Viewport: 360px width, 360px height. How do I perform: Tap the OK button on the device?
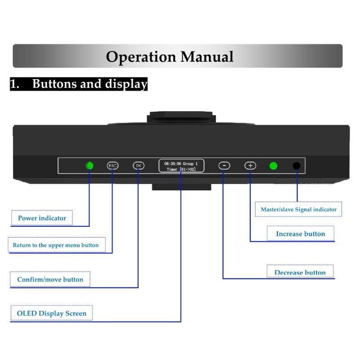coord(139,166)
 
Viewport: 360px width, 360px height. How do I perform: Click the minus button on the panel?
coord(224,166)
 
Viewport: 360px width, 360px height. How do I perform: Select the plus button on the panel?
coord(250,166)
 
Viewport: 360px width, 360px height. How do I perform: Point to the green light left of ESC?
coord(90,166)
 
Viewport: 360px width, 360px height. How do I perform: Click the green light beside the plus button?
coord(273,166)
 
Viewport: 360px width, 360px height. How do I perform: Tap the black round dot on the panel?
coord(297,166)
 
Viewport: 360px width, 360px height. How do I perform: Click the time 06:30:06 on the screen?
coord(173,164)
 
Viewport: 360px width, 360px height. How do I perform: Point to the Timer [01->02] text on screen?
coord(181,170)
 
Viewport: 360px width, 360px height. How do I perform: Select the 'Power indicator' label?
coord(42,218)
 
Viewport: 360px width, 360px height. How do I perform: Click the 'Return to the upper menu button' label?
coord(56,245)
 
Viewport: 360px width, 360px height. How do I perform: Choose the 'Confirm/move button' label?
coord(50,279)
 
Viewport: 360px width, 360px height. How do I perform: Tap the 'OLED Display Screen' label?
coord(52,313)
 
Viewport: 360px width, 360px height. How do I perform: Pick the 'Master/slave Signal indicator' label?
coord(299,209)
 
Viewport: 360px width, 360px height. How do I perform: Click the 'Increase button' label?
coord(301,234)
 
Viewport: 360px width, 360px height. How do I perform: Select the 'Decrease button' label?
coord(300,273)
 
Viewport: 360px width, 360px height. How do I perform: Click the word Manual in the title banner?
coord(207,57)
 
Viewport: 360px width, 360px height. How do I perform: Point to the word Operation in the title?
coord(141,57)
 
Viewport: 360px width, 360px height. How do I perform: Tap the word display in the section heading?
coord(126,84)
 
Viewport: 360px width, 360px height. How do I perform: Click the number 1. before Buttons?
coord(15,84)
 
